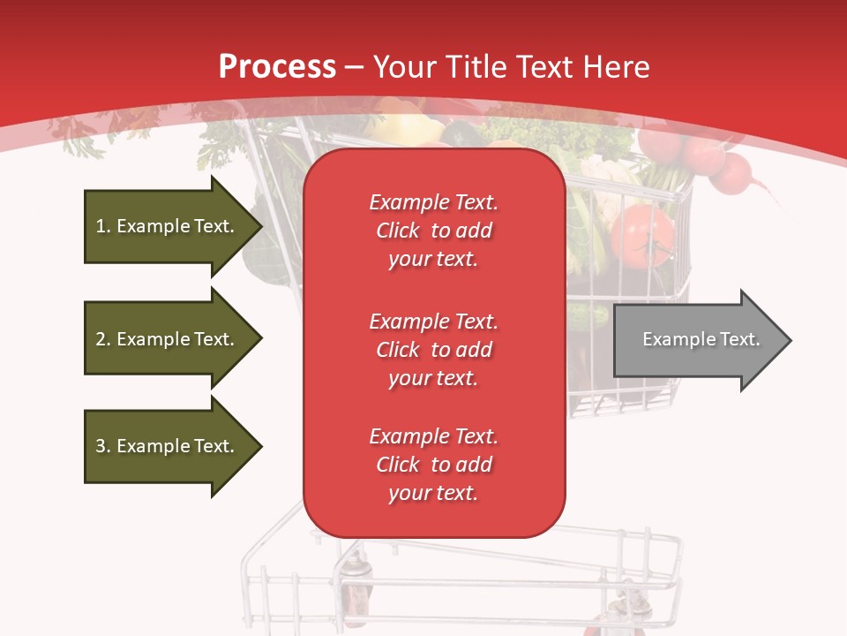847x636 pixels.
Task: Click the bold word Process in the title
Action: [x=277, y=67]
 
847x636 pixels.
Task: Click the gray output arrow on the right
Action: [x=697, y=340]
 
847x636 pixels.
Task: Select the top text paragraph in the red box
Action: [x=434, y=231]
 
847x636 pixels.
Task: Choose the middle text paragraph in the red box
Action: [x=434, y=350]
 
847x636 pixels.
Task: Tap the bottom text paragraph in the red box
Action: [x=434, y=465]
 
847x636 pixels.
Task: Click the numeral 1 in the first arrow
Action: [x=101, y=226]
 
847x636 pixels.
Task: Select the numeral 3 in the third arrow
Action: [x=101, y=446]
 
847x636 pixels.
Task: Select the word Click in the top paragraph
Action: [x=398, y=231]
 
